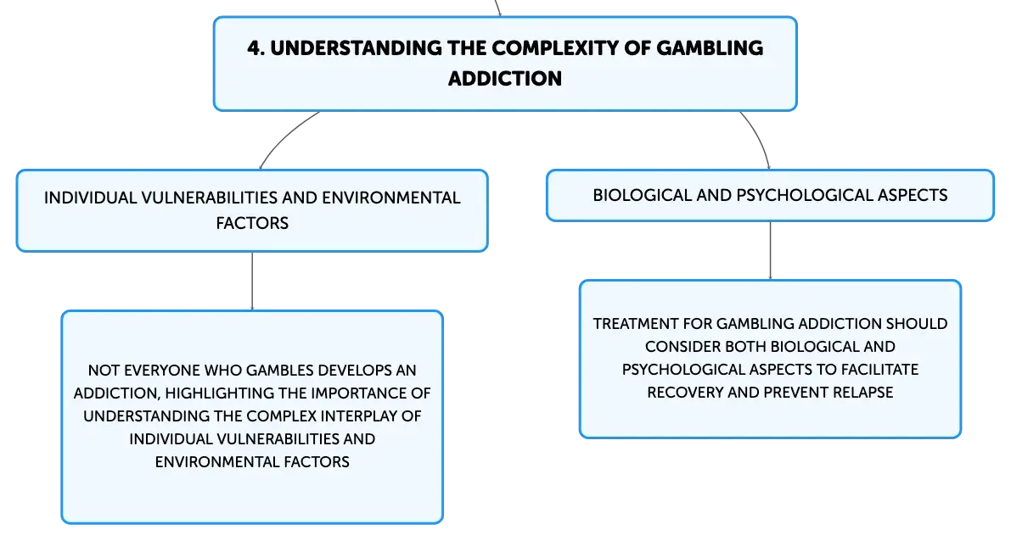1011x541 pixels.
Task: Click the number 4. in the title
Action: pyautogui.click(x=256, y=48)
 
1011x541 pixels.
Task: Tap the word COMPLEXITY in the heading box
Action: pyautogui.click(x=551, y=48)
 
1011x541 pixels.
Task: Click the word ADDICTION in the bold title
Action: pyautogui.click(x=505, y=79)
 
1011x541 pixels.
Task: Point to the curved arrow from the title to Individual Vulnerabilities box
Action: pyautogui.click(x=284, y=137)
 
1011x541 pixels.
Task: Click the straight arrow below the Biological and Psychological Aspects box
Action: pyautogui.click(x=771, y=250)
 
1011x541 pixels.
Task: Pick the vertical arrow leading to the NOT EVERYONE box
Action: pyautogui.click(x=252, y=281)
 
